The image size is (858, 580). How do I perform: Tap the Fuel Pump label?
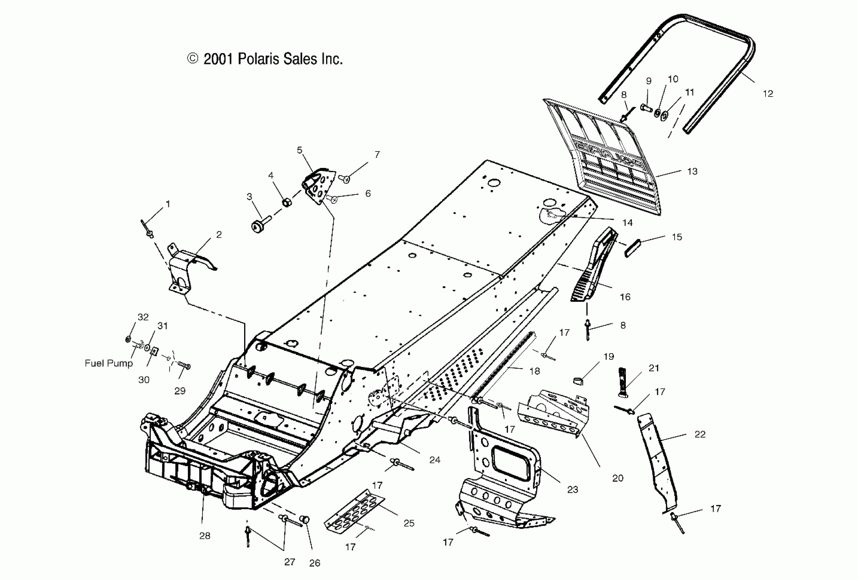click(109, 363)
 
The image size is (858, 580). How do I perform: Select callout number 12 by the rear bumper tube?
click(768, 94)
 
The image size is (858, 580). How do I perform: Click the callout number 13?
click(692, 171)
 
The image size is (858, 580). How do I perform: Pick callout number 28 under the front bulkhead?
click(205, 536)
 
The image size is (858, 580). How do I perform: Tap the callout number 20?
click(618, 479)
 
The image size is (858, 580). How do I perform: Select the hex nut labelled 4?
click(286, 202)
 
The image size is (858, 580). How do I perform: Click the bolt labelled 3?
click(258, 224)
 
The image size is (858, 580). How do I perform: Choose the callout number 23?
click(573, 490)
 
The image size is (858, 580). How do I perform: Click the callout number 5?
click(299, 150)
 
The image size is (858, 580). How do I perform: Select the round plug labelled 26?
click(306, 520)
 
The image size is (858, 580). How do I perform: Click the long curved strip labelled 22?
click(659, 465)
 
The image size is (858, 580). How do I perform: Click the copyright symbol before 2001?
click(193, 59)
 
